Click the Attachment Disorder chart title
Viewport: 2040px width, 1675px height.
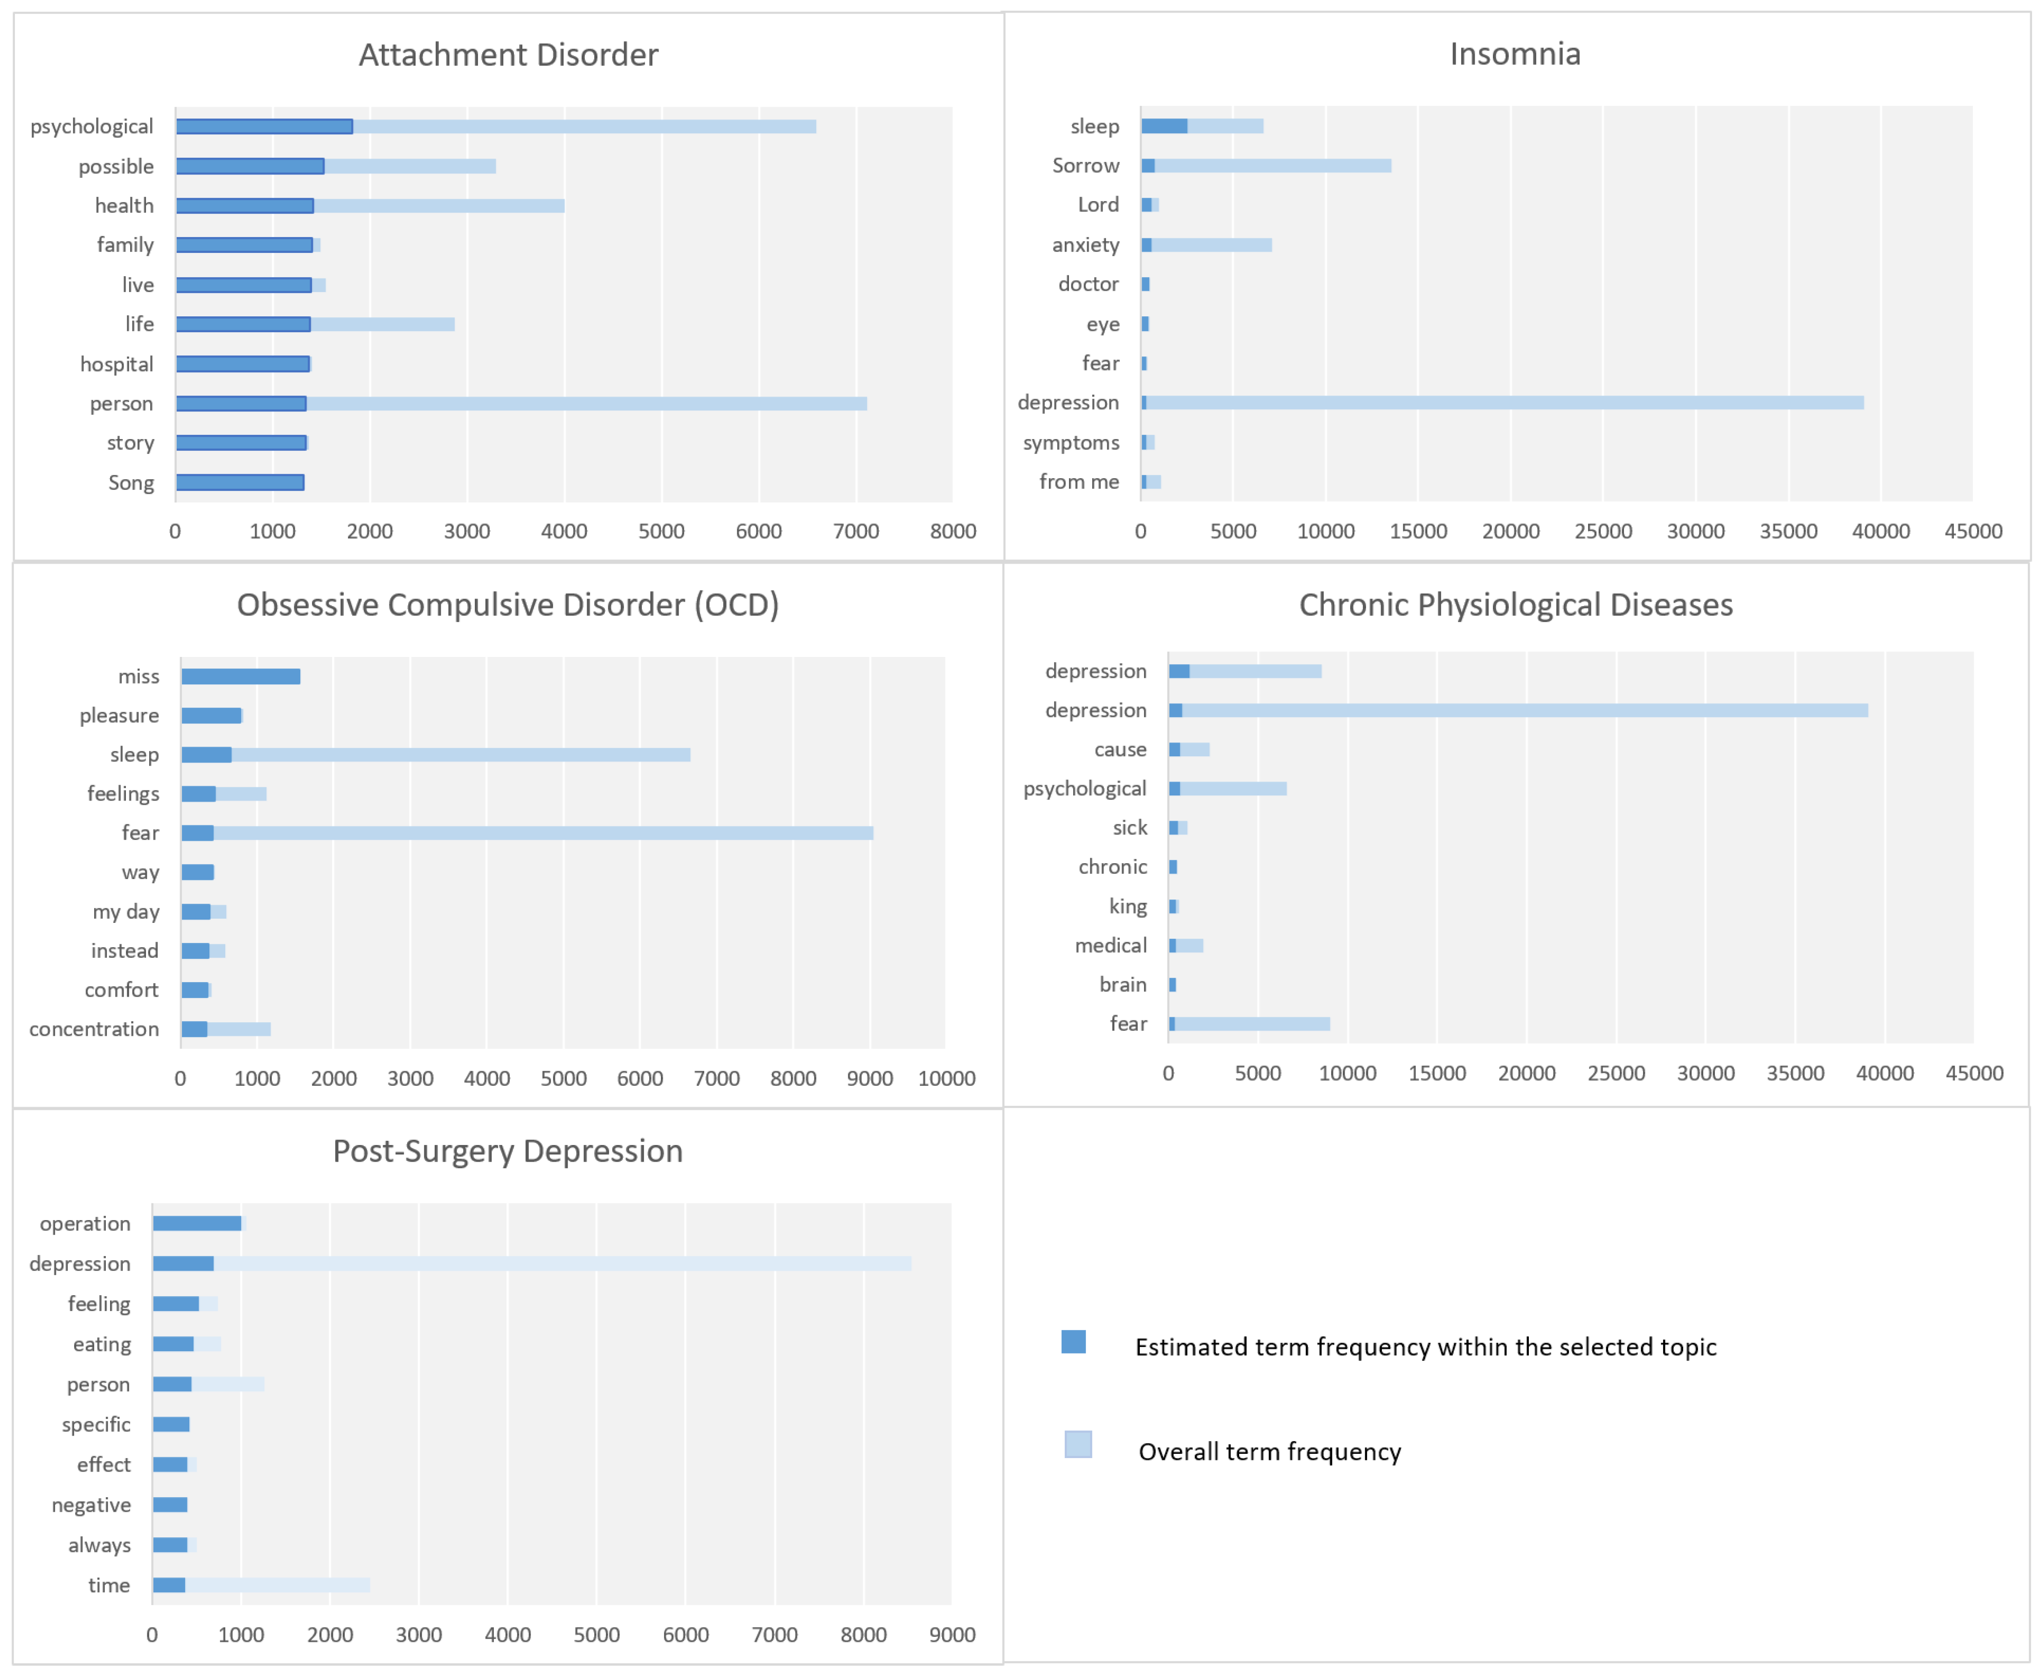pos(508,55)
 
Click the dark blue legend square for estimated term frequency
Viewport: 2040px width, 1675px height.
pos(1074,1342)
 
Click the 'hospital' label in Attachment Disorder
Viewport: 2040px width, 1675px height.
pos(117,364)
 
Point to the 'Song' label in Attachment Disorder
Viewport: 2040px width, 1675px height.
pos(131,482)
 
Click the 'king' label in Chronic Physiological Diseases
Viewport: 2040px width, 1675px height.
pos(1128,906)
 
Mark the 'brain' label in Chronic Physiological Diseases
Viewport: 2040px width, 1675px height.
pos(1123,984)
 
